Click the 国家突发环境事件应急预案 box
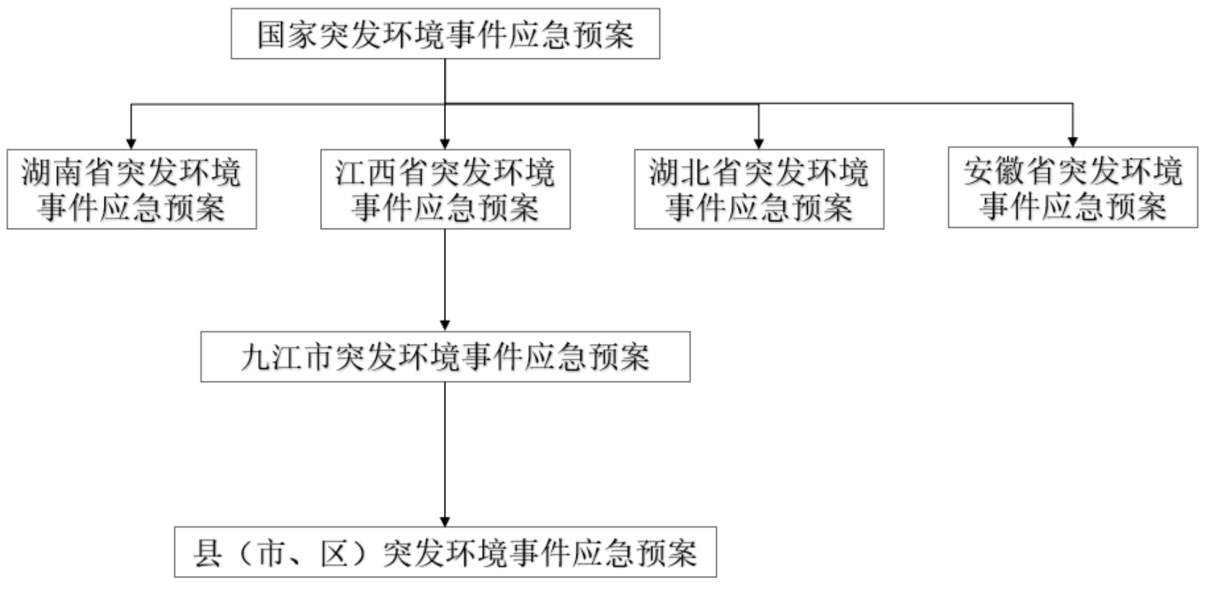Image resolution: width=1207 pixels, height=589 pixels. click(445, 34)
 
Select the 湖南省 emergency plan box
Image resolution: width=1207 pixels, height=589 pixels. click(132, 189)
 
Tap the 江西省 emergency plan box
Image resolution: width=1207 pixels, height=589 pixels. click(445, 189)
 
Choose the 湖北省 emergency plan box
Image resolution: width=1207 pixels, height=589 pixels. click(759, 189)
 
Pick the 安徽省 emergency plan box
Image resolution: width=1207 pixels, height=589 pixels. click(1072, 187)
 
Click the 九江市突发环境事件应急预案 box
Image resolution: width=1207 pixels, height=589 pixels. click(445, 357)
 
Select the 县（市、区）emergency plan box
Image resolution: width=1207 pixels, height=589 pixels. click(445, 552)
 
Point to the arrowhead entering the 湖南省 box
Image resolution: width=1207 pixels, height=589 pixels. click(131, 143)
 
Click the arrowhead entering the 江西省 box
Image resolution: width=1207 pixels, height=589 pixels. click(445, 143)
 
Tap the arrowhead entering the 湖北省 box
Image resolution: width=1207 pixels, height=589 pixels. click(758, 143)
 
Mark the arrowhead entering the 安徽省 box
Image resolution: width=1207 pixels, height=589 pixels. click(1072, 141)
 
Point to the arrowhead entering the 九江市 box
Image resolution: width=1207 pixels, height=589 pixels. click(445, 325)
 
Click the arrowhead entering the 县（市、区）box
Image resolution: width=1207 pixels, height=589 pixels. click(445, 521)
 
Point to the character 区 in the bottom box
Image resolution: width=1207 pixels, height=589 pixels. click(334, 553)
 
